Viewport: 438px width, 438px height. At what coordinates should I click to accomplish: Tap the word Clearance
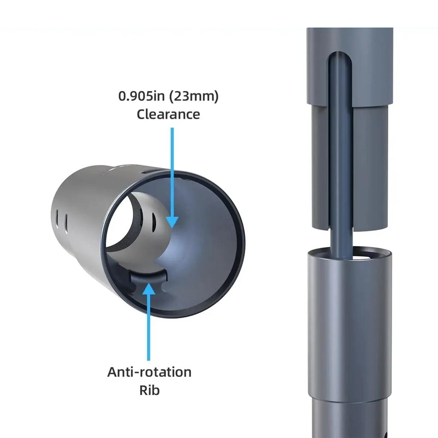168,114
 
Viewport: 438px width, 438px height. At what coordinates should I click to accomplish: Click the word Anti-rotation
149,372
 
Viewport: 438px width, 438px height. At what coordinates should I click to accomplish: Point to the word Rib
149,391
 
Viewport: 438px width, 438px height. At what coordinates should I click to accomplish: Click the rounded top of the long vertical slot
340,57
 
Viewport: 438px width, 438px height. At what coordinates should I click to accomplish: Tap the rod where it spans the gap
341,240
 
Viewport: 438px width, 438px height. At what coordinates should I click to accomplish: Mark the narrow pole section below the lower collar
349,419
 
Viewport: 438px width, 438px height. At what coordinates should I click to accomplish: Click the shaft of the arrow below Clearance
172,171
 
